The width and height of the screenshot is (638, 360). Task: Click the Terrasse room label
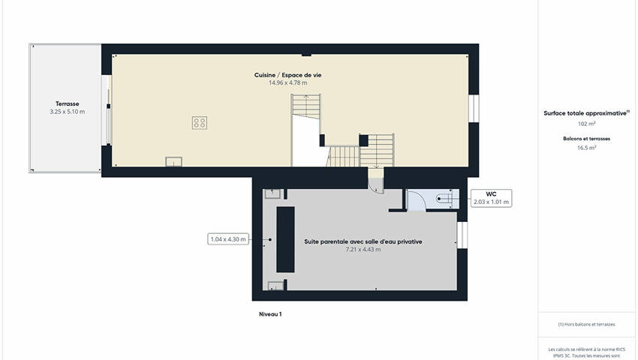click(67, 103)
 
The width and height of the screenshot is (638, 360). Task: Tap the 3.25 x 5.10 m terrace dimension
click(67, 112)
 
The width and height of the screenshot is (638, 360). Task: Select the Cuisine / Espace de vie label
click(287, 75)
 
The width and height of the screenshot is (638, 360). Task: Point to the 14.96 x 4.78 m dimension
click(287, 82)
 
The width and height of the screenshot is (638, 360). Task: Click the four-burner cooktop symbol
click(200, 123)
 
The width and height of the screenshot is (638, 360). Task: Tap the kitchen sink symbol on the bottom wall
click(173, 161)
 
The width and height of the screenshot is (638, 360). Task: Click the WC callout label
click(491, 194)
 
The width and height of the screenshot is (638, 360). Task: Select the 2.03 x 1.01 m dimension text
click(491, 202)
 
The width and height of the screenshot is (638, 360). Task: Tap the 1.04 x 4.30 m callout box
click(228, 239)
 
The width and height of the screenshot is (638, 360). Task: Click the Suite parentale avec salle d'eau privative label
click(363, 241)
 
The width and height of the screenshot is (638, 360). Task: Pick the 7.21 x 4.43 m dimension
click(363, 249)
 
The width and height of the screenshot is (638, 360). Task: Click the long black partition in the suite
click(285, 239)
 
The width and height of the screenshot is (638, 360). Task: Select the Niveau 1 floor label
click(270, 314)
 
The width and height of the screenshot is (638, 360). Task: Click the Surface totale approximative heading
click(586, 113)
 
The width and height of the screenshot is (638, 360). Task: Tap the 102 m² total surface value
click(586, 124)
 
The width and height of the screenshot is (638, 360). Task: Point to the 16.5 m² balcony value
click(586, 148)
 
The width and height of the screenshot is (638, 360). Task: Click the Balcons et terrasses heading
click(586, 139)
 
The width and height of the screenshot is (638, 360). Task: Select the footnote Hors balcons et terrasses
click(586, 324)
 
